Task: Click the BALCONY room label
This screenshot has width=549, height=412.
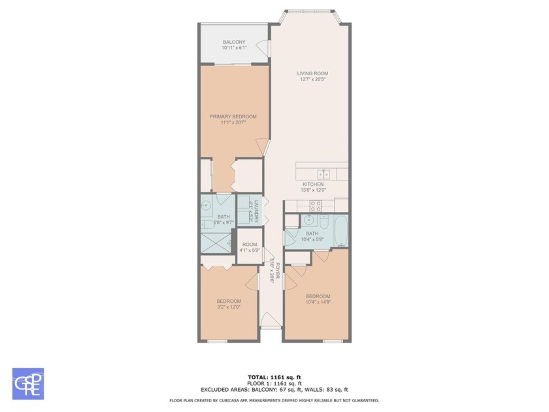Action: [x=234, y=43]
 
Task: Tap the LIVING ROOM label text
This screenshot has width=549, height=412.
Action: [x=312, y=73]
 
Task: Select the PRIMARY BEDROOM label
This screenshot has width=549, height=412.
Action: [x=233, y=116]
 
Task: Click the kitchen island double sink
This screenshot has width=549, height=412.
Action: [x=324, y=174]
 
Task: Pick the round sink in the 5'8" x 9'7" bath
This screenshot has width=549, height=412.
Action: [x=206, y=209]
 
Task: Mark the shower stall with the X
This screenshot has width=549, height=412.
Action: [x=217, y=243]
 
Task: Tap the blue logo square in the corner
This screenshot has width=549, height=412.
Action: [x=28, y=383]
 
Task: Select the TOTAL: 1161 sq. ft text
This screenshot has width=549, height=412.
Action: [x=274, y=377]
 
